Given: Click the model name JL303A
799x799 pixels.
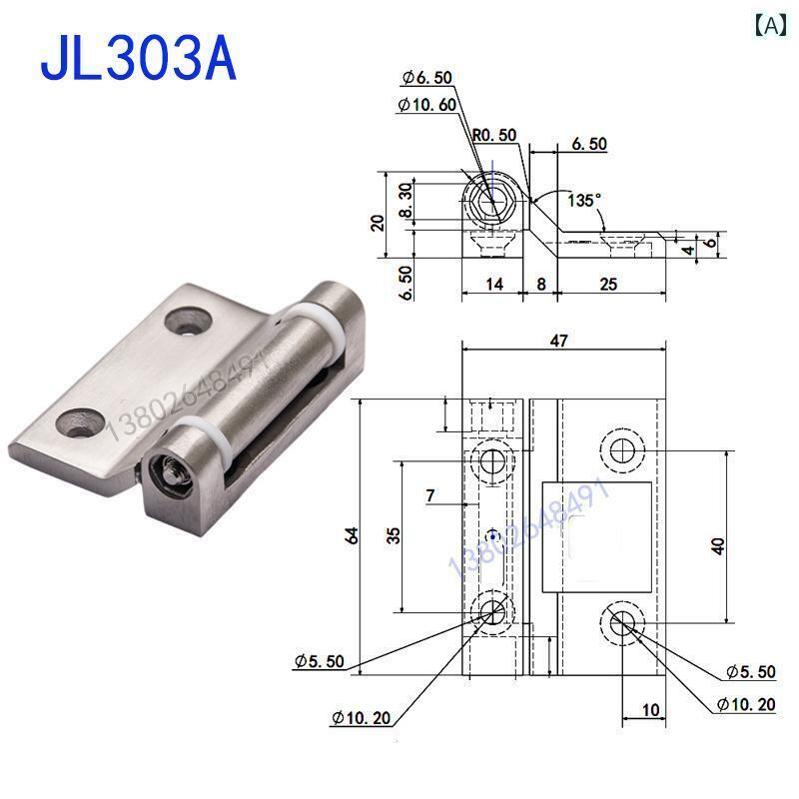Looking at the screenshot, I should pos(139,59).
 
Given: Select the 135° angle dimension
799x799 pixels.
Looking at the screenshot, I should pos(583,200).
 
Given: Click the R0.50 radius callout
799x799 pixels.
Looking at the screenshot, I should pos(496,135).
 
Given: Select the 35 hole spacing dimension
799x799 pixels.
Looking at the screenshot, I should pos(396,535).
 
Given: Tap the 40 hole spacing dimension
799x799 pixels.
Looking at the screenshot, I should pos(720,544).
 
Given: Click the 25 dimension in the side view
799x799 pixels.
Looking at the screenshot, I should pos(608,284).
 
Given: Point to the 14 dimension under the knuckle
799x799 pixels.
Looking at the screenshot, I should pos(492,284).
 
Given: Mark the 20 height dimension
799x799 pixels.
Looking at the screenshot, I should pos(378,221).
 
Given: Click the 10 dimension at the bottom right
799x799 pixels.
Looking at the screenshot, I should pos(650,710).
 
